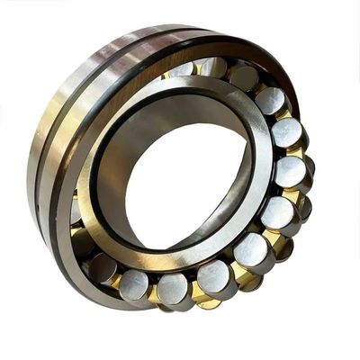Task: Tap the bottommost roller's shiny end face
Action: click(171, 288)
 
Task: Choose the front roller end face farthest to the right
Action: click(291, 171)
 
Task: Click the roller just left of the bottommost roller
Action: click(135, 283)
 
